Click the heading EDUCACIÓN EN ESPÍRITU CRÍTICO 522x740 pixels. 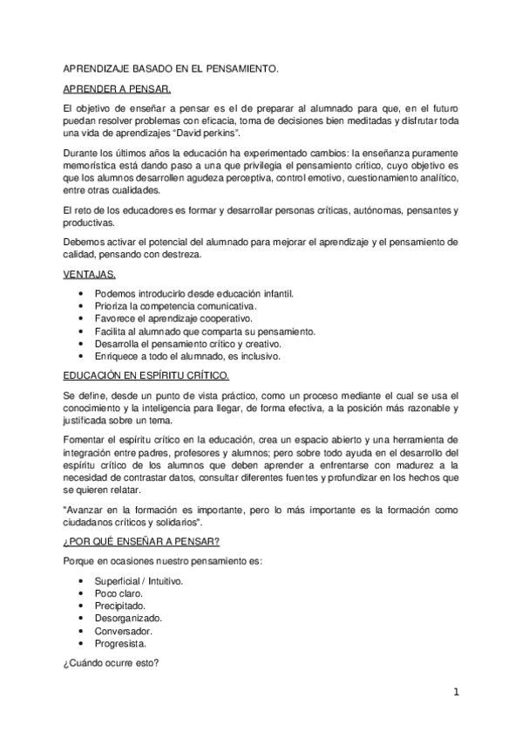click(x=146, y=375)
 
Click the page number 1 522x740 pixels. click(x=455, y=693)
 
